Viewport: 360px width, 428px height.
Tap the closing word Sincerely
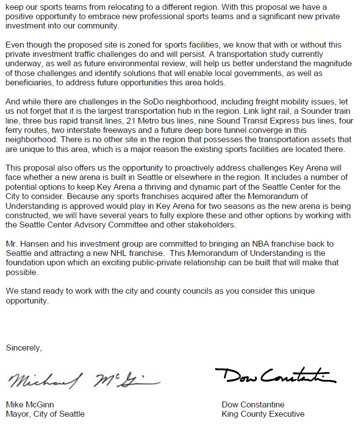24,348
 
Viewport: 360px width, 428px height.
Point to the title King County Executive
263,414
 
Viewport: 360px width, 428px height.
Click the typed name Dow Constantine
253,405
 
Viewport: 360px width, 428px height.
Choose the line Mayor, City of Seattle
45,414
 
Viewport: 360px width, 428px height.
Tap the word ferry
15,130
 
